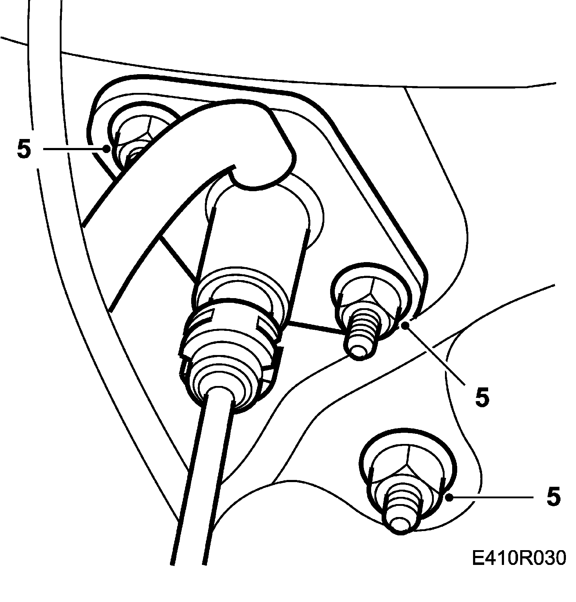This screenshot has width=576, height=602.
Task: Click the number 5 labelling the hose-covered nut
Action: tap(24, 149)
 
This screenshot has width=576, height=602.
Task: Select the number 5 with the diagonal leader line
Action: tap(482, 397)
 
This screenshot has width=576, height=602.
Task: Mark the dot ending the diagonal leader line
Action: tap(406, 326)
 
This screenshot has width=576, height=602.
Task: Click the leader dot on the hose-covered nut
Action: tap(106, 148)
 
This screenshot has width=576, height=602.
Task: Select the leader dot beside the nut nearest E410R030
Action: tap(449, 498)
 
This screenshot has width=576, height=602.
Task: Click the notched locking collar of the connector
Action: tap(230, 331)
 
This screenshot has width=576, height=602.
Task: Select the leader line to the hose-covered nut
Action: tap(74, 148)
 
